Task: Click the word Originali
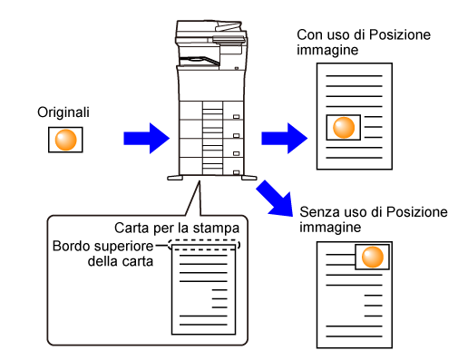(63, 112)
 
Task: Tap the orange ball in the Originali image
(65, 140)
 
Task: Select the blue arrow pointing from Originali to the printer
(147, 138)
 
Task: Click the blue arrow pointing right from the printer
(285, 138)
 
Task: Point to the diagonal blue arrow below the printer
(275, 199)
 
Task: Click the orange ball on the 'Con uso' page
(344, 127)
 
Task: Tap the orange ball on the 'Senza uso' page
(373, 257)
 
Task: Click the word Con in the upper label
(307, 34)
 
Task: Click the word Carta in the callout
(132, 228)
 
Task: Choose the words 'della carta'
(121, 261)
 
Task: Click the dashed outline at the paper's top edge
(204, 240)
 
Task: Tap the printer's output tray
(199, 61)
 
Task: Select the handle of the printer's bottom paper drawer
(237, 172)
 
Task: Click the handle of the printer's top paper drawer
(237, 117)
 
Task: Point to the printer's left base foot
(175, 178)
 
